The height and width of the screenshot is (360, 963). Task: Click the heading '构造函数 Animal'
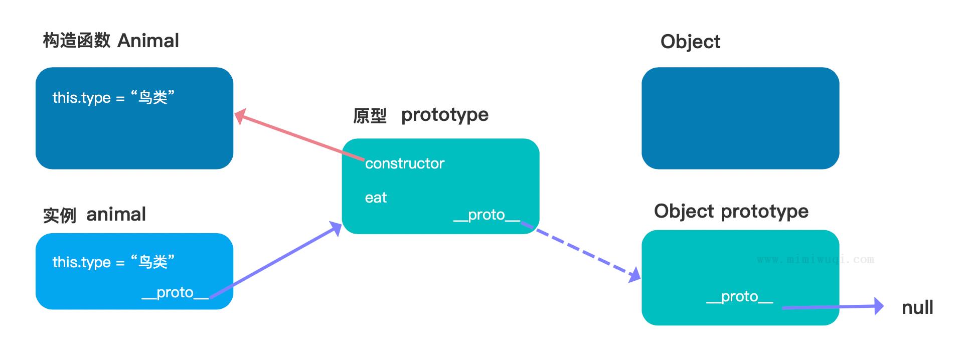coord(111,41)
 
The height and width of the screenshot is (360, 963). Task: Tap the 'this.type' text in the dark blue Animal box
coord(81,98)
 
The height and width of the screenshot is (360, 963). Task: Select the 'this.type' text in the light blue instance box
coord(81,262)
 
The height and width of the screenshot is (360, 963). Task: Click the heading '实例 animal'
coord(94,215)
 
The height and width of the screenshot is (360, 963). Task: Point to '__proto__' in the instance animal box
coord(175,293)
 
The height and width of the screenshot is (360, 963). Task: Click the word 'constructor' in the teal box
coord(405,163)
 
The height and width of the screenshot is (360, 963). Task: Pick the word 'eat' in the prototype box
coord(376,198)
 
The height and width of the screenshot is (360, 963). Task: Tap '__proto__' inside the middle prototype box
coord(487,215)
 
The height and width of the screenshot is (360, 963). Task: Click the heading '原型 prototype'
coord(421,115)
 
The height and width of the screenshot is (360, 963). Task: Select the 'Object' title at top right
coord(690,42)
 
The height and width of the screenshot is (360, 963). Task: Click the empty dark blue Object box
coord(740,118)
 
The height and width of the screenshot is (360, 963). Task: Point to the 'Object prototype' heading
coord(731,211)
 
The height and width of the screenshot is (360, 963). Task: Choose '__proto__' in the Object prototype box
coord(740,297)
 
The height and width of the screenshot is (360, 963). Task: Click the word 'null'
coord(917,307)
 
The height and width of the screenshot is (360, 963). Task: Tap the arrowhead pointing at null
coord(879,306)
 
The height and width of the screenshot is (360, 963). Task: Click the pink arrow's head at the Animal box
coord(240,116)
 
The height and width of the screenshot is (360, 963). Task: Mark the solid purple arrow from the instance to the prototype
coord(275,260)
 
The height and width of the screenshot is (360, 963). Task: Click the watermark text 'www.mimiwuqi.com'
coord(816,260)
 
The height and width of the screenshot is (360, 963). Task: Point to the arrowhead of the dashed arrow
coord(635,275)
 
